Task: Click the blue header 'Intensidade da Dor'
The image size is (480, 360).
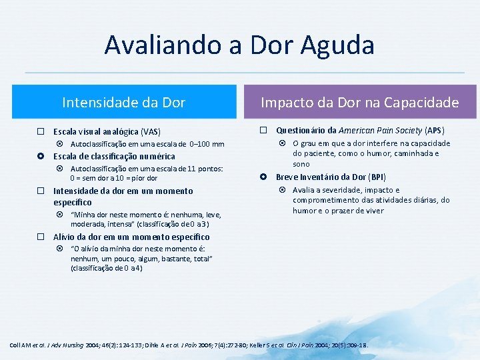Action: click(123, 102)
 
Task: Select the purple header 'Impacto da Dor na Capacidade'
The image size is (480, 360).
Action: click(359, 102)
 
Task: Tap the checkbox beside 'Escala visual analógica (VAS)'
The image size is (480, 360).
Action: click(41, 131)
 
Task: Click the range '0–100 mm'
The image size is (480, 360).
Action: click(207, 144)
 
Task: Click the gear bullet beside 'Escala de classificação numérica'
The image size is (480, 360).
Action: click(41, 157)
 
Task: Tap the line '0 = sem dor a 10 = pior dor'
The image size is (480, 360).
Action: click(113, 178)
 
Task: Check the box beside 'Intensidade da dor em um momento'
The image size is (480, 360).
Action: click(41, 191)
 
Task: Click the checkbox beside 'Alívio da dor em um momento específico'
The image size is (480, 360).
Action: click(41, 237)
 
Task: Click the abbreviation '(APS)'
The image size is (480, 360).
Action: click(435, 130)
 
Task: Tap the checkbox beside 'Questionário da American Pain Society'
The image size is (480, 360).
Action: click(263, 130)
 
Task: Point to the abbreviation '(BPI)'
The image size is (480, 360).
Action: click(377, 177)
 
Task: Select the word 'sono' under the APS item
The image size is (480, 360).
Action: click(301, 163)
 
